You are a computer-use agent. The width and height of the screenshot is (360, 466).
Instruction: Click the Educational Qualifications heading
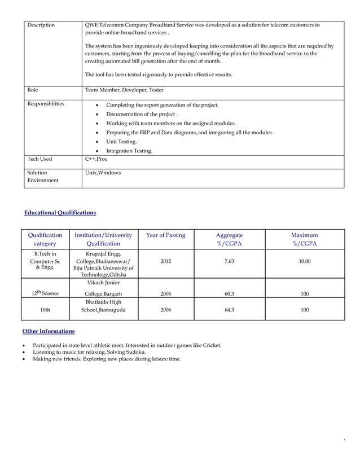coord(60,213)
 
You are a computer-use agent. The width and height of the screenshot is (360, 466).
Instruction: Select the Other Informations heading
coord(48,331)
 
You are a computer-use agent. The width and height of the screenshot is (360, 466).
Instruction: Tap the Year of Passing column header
coord(165,235)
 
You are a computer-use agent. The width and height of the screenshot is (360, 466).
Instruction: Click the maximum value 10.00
coord(305,262)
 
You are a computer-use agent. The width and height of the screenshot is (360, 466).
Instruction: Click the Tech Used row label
coord(39,159)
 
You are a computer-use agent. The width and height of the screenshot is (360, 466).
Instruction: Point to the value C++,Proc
coord(96,159)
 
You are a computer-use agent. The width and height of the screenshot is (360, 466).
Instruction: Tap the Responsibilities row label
coord(46,104)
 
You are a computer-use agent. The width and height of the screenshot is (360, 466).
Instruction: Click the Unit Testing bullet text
coord(121,142)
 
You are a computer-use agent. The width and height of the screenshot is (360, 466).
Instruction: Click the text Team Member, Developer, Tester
coord(124,90)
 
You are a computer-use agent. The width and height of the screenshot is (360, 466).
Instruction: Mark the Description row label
coord(41,25)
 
